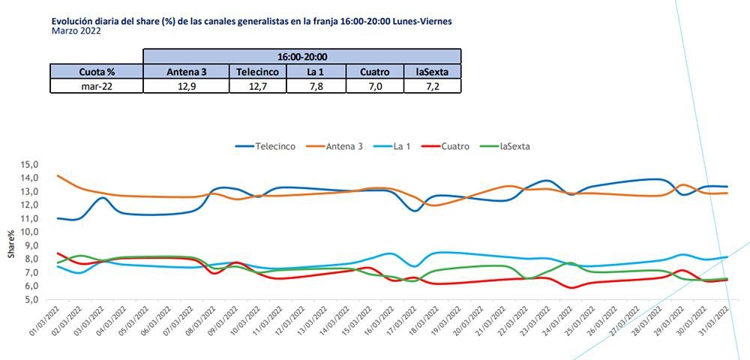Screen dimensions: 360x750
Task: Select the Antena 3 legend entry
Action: pyautogui.click(x=335, y=146)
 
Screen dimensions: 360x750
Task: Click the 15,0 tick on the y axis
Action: pyautogui.click(x=28, y=164)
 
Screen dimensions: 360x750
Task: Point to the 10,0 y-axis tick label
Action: pyautogui.click(x=28, y=232)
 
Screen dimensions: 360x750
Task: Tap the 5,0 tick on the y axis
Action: pyautogui.click(x=31, y=299)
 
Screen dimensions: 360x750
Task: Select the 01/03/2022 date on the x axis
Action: pyautogui.click(x=43, y=323)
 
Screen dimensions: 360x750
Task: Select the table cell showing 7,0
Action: pyautogui.click(x=374, y=86)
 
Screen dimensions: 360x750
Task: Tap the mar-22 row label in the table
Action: pyautogui.click(x=96, y=86)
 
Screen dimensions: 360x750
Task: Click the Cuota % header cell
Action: pyautogui.click(x=96, y=71)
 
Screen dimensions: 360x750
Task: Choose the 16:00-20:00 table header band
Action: pyautogui.click(x=301, y=56)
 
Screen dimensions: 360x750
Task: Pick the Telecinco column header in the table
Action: pyautogui.click(x=257, y=71)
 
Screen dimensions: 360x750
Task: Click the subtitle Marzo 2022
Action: pyautogui.click(x=76, y=31)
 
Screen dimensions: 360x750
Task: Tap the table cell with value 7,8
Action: pyautogui.click(x=316, y=86)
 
